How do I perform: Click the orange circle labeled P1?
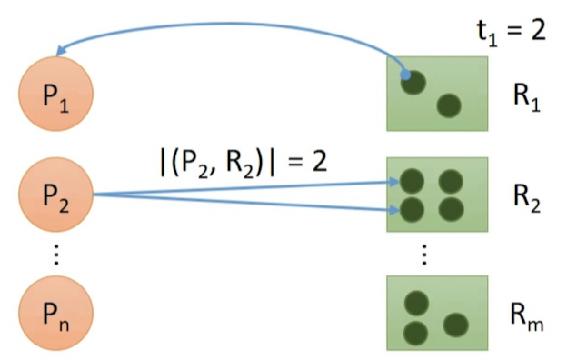pos(56,94)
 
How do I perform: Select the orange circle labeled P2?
pos(56,195)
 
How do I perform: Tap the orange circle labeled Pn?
pos(56,313)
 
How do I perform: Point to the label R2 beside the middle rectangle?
pos(526,199)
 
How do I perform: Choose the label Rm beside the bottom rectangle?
pos(526,317)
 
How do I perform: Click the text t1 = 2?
pos(512,33)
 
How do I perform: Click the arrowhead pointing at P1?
pos(62,50)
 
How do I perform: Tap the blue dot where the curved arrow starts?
pos(406,75)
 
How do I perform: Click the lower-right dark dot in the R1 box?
pos(449,105)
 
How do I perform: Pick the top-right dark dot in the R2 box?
pos(451,181)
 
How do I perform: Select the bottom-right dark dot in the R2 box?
pos(451,209)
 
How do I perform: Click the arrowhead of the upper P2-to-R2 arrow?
pos(394,182)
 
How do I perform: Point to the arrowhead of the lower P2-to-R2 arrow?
pos(394,210)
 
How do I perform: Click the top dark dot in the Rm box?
pos(416,303)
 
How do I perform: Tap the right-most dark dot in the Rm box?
pos(456,325)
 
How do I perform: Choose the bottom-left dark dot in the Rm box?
pos(416,334)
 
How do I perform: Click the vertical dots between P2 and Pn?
pos(56,255)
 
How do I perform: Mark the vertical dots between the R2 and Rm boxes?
pos(424,255)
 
